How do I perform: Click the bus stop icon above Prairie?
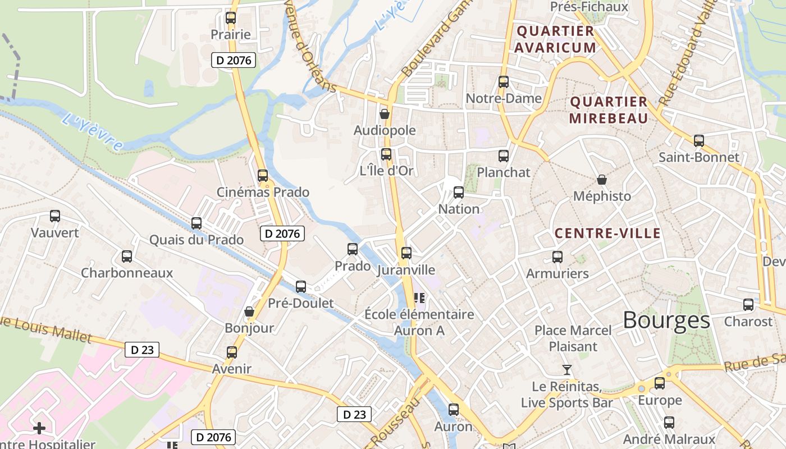231,18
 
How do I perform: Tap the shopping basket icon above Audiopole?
385,114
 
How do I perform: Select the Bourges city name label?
666,320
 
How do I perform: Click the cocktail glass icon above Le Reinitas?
567,370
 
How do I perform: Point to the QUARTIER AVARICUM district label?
556,39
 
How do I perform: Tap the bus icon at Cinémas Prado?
263,176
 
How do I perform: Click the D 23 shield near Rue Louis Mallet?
142,350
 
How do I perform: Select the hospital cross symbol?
39,429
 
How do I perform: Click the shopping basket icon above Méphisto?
602,180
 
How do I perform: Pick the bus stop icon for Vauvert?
55,216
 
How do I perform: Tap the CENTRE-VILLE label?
607,233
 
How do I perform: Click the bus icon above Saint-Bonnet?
699,141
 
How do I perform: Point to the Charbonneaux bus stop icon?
127,256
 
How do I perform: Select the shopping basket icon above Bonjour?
249,311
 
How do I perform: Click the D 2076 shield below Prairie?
234,60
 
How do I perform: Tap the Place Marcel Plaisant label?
573,338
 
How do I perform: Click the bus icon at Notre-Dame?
504,82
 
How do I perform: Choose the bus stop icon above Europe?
660,383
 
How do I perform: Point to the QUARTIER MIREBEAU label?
609,110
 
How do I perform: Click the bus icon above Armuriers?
557,257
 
